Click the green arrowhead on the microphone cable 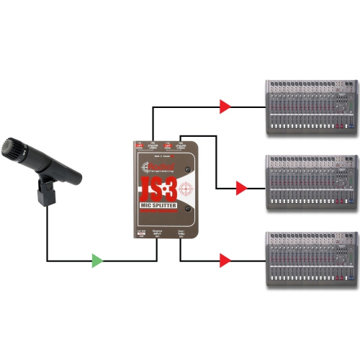tap(97, 260)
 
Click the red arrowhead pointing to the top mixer tap(225, 107)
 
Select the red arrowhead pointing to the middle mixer tap(241, 189)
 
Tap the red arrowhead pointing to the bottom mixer tap(225, 260)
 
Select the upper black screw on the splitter tap(189, 170)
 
